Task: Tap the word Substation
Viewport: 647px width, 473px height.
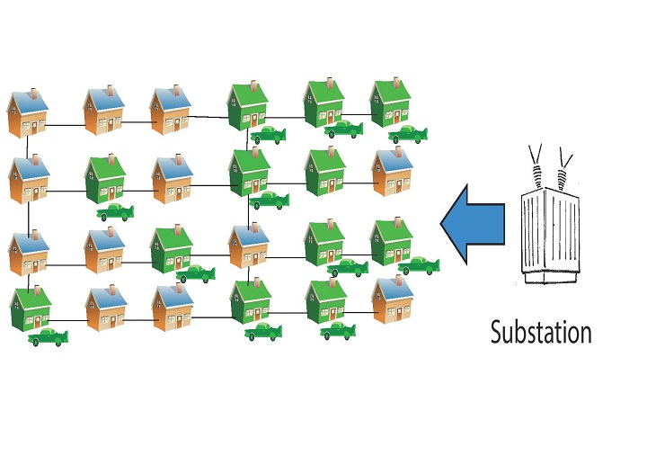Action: pos(541,332)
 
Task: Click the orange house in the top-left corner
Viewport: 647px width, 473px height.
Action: pos(28,113)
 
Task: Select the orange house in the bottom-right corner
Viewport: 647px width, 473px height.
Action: pos(393,301)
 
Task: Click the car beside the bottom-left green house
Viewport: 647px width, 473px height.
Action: pos(49,338)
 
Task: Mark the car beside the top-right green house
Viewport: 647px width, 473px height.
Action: pos(407,134)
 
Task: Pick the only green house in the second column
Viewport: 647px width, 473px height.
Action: pos(104,180)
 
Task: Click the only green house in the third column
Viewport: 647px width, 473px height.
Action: pos(171,250)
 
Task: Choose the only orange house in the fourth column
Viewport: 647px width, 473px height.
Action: pos(248,247)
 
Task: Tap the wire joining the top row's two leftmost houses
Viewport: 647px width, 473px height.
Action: pos(66,124)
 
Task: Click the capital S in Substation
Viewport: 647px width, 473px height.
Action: pos(497,332)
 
